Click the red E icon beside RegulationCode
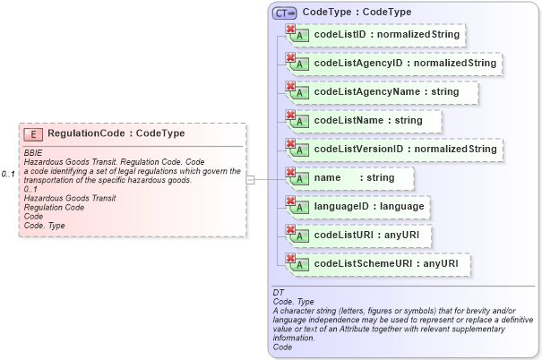click(x=33, y=134)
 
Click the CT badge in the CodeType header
click(x=285, y=13)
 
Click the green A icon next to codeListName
click(x=302, y=121)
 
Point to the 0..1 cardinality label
click(x=9, y=173)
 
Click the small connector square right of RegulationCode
click(x=250, y=180)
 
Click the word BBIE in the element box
click(x=33, y=152)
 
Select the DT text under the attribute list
click(x=278, y=293)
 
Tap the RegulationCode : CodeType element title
click(x=116, y=133)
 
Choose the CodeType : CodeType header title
click(x=357, y=12)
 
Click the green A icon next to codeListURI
click(x=302, y=236)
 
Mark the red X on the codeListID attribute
click(x=290, y=29)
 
